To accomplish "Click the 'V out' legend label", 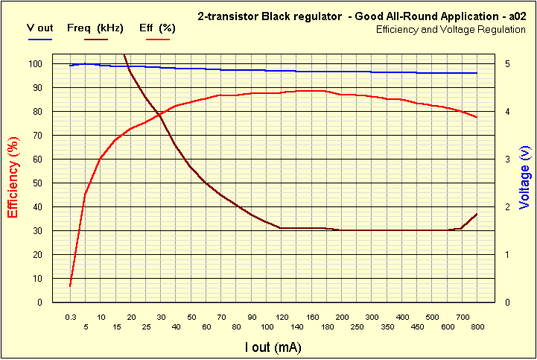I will coord(39,28).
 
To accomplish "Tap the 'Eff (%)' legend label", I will coord(156,28).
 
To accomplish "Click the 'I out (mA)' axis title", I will coord(273,347).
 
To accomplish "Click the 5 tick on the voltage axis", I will coord(506,64).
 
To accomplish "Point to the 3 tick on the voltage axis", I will coord(506,160).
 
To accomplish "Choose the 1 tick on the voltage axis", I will coord(506,255).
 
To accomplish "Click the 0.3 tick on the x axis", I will coord(70,317).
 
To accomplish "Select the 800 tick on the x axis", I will coord(477,327).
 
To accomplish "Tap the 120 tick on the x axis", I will coord(281,317).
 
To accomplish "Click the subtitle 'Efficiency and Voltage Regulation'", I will coord(451,29).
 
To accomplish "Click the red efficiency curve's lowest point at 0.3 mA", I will coord(70,285).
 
